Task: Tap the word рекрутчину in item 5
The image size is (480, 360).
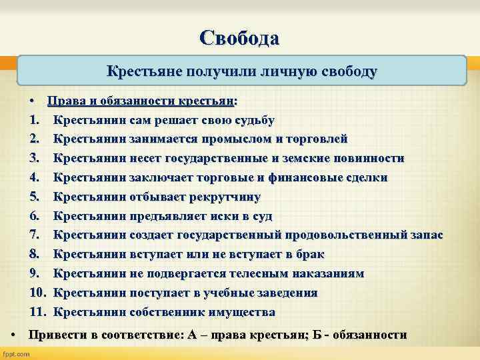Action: coord(226,197)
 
